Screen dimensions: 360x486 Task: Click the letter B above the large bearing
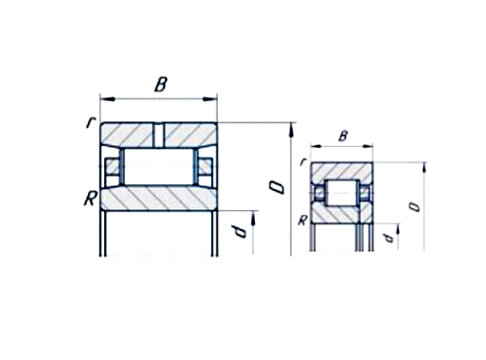pyautogui.click(x=160, y=84)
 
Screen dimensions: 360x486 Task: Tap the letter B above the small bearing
pyautogui.click(x=342, y=137)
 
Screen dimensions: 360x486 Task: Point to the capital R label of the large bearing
pyautogui.click(x=89, y=199)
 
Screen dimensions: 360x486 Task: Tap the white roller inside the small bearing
pyautogui.click(x=342, y=192)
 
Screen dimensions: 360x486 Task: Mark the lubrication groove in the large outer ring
pyautogui.click(x=158, y=132)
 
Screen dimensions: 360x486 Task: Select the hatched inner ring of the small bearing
pyautogui.click(x=342, y=215)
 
